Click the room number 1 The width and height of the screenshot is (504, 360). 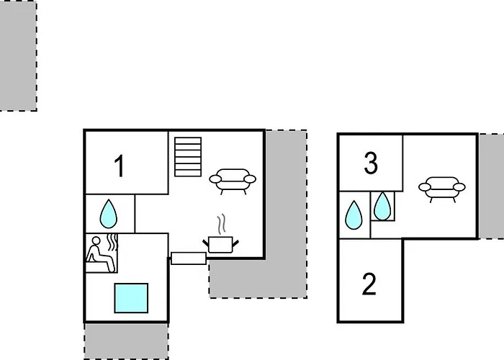(x=120, y=166)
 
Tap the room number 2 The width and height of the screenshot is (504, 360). (x=369, y=284)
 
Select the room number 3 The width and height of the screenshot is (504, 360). (x=371, y=163)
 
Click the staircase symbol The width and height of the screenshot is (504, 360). (x=188, y=157)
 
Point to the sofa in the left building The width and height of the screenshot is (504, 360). (x=233, y=181)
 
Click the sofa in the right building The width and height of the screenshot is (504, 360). (x=442, y=189)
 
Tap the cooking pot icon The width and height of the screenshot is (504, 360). (x=220, y=245)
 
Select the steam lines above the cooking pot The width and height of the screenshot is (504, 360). (x=222, y=225)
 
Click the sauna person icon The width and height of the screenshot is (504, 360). (x=102, y=254)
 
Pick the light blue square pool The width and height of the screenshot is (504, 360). (x=131, y=298)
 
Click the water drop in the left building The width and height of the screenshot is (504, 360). (x=109, y=214)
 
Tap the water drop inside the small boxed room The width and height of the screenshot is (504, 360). (x=382, y=207)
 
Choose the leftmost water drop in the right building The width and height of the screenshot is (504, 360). (x=354, y=215)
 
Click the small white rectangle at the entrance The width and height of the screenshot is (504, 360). (x=189, y=258)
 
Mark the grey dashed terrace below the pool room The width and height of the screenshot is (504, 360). (x=126, y=341)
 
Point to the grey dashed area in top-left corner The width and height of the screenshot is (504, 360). (x=18, y=56)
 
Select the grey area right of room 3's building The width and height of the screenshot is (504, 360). (x=492, y=186)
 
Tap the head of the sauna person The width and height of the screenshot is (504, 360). (x=96, y=240)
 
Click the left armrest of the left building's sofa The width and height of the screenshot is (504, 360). (x=215, y=179)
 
